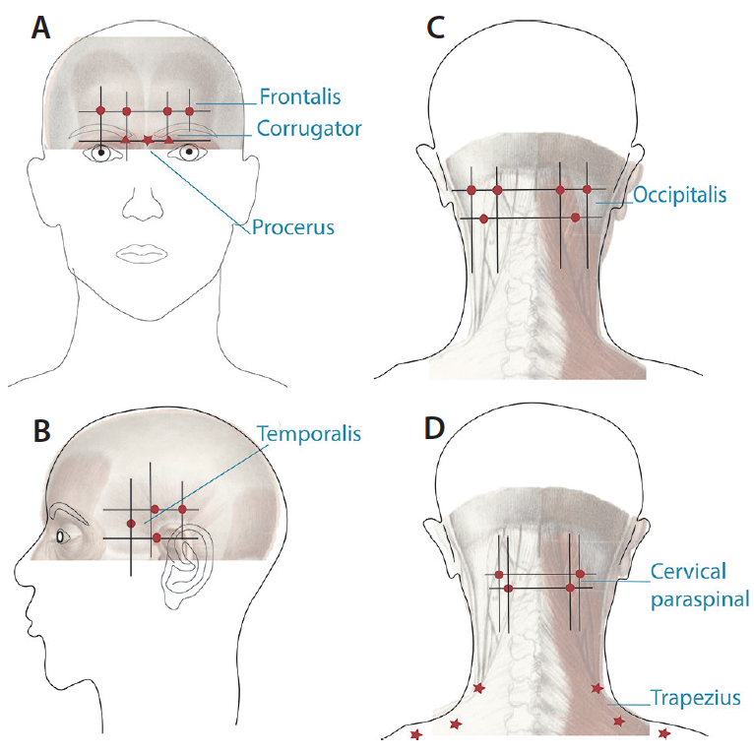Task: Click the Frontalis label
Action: tap(300, 96)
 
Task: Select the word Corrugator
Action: tap(309, 129)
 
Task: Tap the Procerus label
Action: tap(293, 227)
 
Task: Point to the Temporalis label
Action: tap(309, 434)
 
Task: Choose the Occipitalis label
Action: tap(679, 195)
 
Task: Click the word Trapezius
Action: tap(695, 698)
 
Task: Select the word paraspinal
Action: tap(700, 599)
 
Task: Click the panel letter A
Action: tap(40, 28)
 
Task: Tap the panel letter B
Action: tap(42, 431)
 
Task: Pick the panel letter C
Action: tap(436, 28)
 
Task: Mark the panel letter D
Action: tap(434, 428)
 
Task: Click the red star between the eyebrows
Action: tap(148, 141)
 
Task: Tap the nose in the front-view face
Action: tap(143, 204)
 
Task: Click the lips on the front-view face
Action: tap(143, 253)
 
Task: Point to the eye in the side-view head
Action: tap(61, 535)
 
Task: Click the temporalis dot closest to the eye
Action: tap(131, 524)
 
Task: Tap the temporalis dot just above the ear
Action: tap(157, 537)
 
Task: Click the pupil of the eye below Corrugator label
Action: tap(189, 152)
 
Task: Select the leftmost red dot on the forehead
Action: tap(100, 110)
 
